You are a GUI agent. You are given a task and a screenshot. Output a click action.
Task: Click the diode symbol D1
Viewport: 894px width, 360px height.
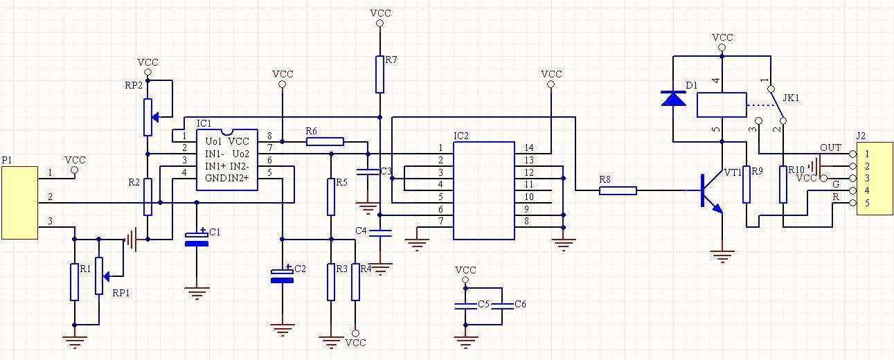pos(673,98)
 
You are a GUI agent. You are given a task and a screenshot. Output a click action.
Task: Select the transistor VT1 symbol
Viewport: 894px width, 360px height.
pos(709,190)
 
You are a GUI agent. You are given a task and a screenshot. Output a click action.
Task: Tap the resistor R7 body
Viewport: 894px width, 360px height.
pos(379,74)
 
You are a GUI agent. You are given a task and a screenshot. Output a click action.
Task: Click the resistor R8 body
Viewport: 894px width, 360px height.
pos(618,190)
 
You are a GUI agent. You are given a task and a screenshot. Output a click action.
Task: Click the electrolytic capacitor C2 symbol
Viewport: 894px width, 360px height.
pos(283,275)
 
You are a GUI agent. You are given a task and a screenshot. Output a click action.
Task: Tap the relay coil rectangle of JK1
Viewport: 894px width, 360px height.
pos(722,105)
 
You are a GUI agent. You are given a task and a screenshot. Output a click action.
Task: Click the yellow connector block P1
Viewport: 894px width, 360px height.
pos(19,202)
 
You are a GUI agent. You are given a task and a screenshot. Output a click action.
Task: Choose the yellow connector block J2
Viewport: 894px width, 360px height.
pos(875,179)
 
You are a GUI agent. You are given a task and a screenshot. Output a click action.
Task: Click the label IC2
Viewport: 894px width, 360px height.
pos(461,136)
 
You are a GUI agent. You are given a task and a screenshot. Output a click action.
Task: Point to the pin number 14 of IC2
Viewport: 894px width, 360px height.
pos(529,147)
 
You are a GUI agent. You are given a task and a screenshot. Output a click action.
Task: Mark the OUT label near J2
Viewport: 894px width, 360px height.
pos(830,147)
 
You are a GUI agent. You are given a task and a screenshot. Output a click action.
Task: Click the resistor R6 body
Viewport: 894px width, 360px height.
pos(325,141)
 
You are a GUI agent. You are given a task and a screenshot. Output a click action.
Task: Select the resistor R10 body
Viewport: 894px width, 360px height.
pos(783,184)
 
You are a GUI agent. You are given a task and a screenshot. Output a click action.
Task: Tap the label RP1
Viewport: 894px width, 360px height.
pos(121,293)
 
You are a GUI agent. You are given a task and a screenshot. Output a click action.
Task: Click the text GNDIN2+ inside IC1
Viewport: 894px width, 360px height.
pos(226,178)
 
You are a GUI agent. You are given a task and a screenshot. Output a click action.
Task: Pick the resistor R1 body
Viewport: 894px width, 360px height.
pos(74,282)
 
